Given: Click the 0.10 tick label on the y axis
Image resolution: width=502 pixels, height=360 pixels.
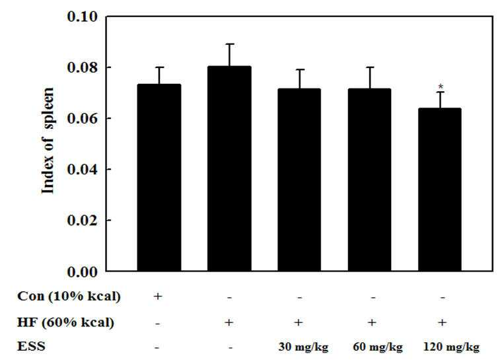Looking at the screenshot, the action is coord(82,17).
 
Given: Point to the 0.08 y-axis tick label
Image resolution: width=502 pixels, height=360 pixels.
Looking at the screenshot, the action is coord(82,67).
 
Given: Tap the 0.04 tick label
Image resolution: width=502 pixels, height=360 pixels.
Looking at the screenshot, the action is coord(82,169).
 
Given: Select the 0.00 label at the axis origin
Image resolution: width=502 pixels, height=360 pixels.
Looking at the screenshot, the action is coord(82,272).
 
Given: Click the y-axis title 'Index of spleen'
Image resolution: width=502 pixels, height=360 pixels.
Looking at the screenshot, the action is coord(48,141).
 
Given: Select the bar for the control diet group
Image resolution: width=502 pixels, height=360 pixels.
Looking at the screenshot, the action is coord(159,178).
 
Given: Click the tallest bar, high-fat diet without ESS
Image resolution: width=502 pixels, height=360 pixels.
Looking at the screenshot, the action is coord(229,169).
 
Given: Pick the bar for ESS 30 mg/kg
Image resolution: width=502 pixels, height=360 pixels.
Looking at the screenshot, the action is coord(299,180).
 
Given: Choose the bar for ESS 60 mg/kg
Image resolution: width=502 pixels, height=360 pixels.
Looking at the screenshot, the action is coord(370,180).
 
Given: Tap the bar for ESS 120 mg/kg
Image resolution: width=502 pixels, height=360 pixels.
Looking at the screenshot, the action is coord(440,190).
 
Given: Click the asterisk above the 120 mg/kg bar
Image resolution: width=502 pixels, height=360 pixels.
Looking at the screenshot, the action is coord(441,87).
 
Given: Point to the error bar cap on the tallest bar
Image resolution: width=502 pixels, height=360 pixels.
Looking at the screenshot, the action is coord(229,44).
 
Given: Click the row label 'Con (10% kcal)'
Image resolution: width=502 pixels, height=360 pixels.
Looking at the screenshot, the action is coord(69,297).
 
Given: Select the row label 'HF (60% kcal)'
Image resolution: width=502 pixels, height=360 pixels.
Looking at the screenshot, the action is coord(65,322).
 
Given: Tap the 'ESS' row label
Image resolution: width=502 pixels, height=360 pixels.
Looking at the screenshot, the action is coord(31,347).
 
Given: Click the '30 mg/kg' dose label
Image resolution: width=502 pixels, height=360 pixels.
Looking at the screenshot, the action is coord(303,347).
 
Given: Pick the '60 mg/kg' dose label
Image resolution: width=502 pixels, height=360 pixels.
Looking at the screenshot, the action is coord(378,347).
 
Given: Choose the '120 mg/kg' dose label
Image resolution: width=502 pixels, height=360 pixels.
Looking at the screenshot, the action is coord(451,347).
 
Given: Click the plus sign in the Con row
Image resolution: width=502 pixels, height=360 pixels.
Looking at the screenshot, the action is coord(157,297).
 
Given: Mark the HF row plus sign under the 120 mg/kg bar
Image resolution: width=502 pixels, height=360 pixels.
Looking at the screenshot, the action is coord(442,322).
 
